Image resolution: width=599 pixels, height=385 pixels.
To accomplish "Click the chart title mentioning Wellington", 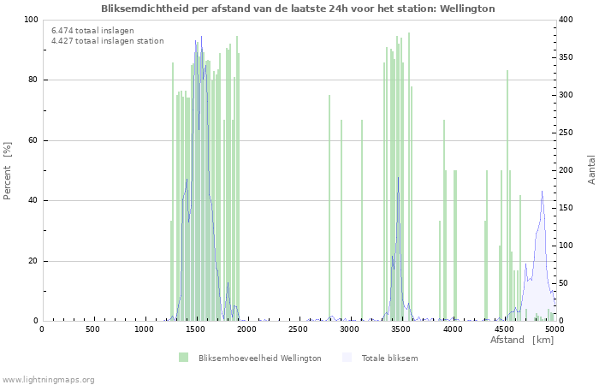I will tap(298, 9).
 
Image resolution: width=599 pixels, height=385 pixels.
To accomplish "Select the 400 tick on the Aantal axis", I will tap(568, 20).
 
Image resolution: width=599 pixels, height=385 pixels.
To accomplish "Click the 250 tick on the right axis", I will tap(568, 133).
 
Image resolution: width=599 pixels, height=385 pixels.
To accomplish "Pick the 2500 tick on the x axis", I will tap(298, 329).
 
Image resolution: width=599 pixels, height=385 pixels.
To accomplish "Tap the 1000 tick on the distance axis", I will tap(144, 329).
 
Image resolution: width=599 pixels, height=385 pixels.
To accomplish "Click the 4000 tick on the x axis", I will tap(452, 329).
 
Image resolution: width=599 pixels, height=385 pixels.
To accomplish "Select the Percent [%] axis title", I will tap(8, 170).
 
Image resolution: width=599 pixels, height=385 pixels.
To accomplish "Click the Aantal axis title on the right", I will tap(592, 169).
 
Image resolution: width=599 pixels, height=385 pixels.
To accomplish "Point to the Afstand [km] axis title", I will tap(521, 341).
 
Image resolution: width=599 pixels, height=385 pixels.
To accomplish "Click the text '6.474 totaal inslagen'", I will tap(92, 31).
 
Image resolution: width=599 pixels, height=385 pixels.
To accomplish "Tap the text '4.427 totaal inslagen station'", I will tap(107, 40).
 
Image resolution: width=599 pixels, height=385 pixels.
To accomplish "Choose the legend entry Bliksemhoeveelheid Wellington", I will tap(259, 358).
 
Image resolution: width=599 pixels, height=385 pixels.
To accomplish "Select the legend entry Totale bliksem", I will tap(389, 358).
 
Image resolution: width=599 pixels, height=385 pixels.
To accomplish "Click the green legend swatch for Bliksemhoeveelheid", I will tap(183, 358).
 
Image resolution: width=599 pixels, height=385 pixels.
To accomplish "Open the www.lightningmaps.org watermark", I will tap(48, 379).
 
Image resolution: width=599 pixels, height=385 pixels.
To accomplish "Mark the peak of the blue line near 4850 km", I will tap(542, 191).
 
